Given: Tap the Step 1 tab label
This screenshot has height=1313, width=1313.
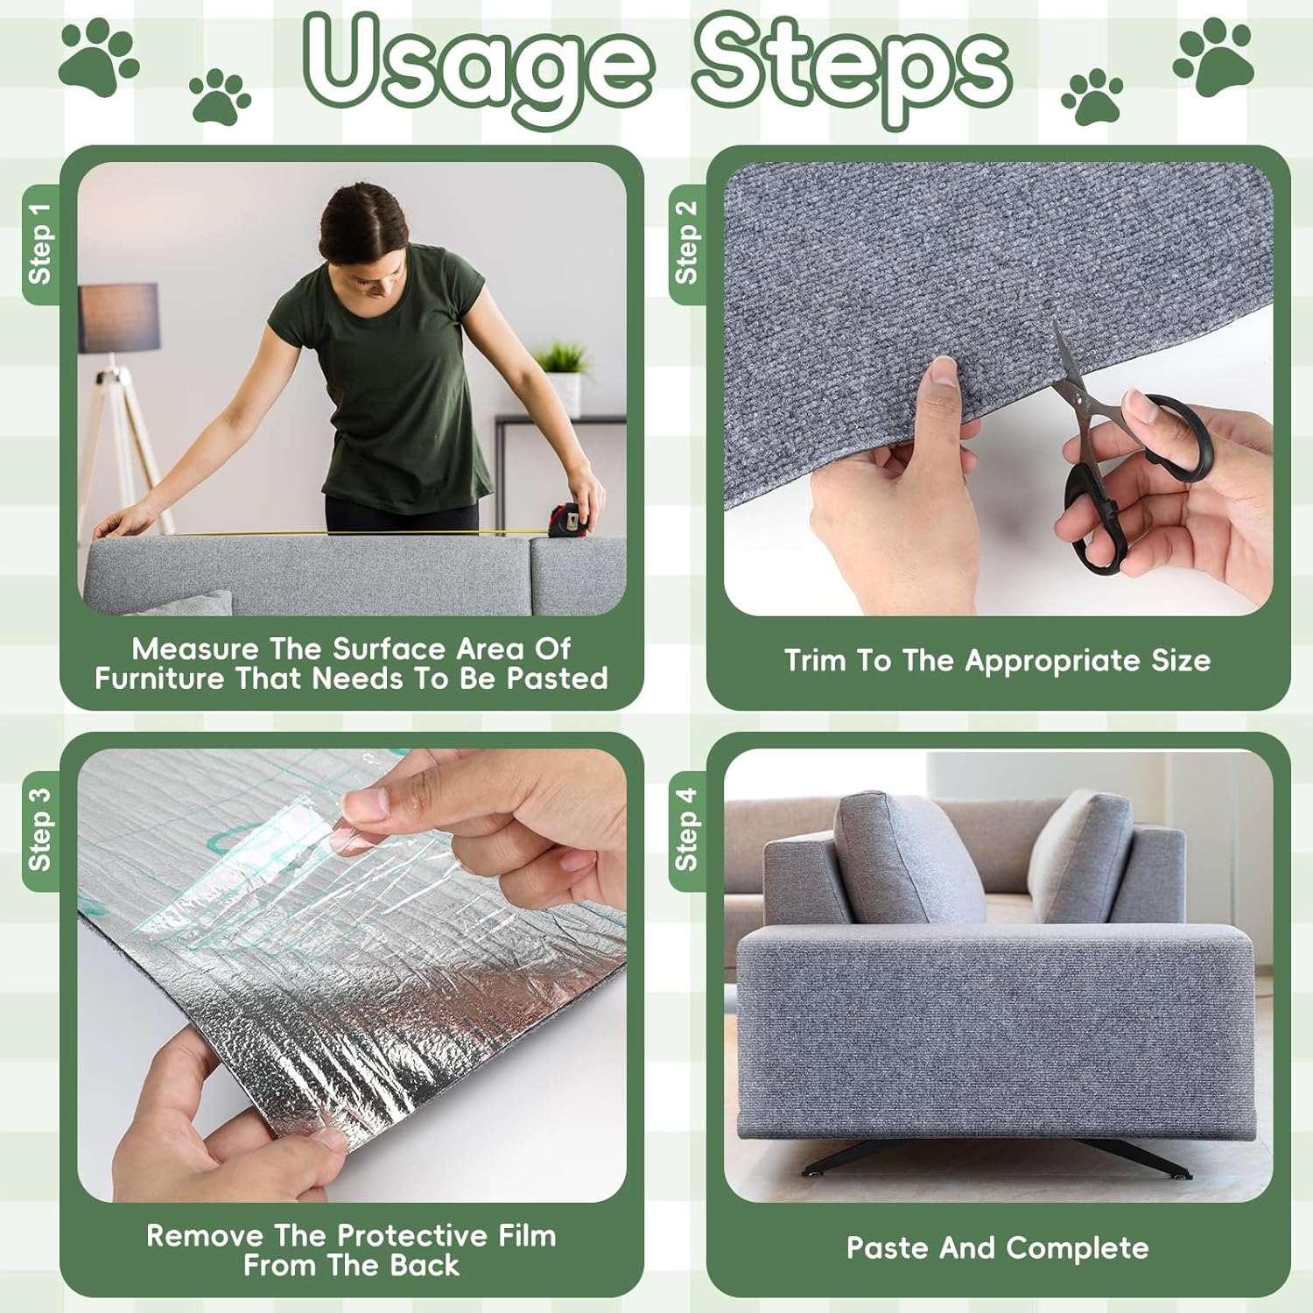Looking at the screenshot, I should [x=40, y=244].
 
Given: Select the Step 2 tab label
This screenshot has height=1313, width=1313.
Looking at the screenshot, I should [x=687, y=242].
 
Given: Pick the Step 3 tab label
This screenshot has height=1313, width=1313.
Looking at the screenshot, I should [x=40, y=830].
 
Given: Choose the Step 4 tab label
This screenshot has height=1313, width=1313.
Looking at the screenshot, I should [x=687, y=830].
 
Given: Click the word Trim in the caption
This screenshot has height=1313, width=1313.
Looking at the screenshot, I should [x=814, y=661].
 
